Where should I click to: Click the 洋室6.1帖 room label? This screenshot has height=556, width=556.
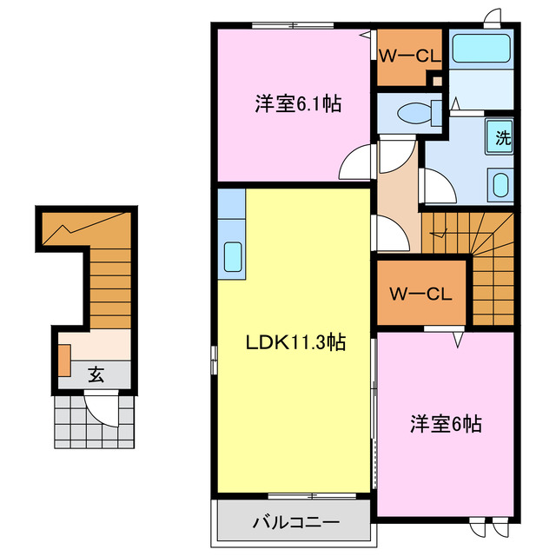(x=297, y=105)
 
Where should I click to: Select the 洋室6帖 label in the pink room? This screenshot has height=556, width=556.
(x=446, y=424)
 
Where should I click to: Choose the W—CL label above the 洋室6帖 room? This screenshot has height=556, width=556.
(x=420, y=294)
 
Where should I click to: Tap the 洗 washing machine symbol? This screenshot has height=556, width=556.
(x=501, y=136)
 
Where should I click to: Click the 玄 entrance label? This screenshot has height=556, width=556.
(x=96, y=375)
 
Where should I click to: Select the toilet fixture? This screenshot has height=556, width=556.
(x=414, y=112)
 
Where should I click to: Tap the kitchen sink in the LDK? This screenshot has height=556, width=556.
(x=233, y=256)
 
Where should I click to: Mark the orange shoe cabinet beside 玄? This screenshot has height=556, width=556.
(x=64, y=360)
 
